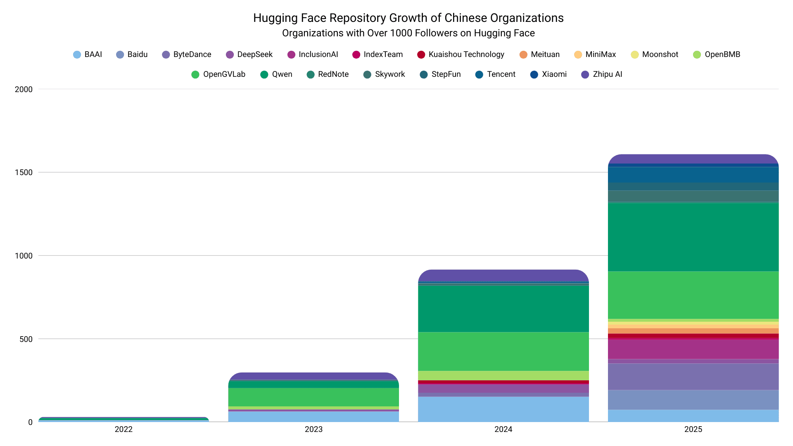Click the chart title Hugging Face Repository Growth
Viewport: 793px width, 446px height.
click(x=408, y=18)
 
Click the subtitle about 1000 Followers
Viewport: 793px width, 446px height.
click(x=408, y=33)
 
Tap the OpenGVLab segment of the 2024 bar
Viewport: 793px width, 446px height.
click(x=503, y=351)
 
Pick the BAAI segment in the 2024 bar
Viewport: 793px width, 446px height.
click(x=503, y=409)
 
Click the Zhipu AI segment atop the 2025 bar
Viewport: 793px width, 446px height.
click(x=693, y=159)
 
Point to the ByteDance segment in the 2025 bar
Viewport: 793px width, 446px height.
click(x=693, y=377)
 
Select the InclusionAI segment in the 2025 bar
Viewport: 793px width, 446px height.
click(x=693, y=349)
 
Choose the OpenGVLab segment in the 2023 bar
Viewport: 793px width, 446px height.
click(x=313, y=397)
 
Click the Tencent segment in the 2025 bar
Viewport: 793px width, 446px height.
click(x=693, y=175)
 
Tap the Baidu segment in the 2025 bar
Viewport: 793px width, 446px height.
click(x=693, y=400)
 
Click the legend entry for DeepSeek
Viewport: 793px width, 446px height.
click(x=249, y=55)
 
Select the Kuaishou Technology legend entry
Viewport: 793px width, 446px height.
click(x=461, y=55)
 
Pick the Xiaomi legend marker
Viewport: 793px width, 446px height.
click(x=534, y=74)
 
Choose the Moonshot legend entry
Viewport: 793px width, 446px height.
click(x=655, y=55)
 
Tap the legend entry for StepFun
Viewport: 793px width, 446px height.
click(x=440, y=74)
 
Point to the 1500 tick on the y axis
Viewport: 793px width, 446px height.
click(x=24, y=173)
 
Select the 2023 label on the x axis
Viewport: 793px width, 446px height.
click(x=313, y=429)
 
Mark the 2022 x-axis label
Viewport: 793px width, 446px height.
click(x=123, y=429)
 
